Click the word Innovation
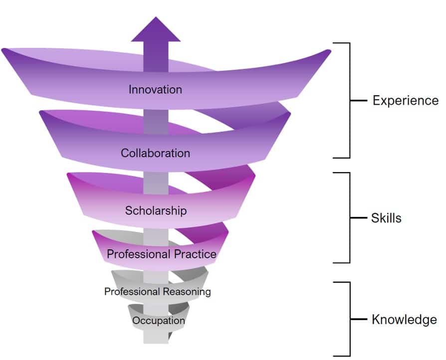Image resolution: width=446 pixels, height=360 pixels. pos(155,90)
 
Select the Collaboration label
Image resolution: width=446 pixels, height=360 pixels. pos(155,153)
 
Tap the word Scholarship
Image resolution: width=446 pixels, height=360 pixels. pos(156,211)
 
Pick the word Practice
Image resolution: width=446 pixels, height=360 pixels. pos(195,254)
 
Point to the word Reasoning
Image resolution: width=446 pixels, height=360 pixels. pos(187,292)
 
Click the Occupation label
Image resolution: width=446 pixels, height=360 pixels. pos(159,321)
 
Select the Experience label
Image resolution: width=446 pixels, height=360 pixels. pos(406,101)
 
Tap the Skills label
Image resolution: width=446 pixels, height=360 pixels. pos(386,218)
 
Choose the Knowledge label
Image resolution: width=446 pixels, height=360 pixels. pos(404,320)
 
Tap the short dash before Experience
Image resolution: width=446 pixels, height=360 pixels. pos(359,100)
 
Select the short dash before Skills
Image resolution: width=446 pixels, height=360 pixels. pos(359,218)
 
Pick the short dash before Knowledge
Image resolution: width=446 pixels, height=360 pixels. pos(359,319)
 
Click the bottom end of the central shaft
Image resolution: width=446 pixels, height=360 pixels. pos(156,343)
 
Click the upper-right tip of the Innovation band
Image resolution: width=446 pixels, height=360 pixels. pos(329,51)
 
